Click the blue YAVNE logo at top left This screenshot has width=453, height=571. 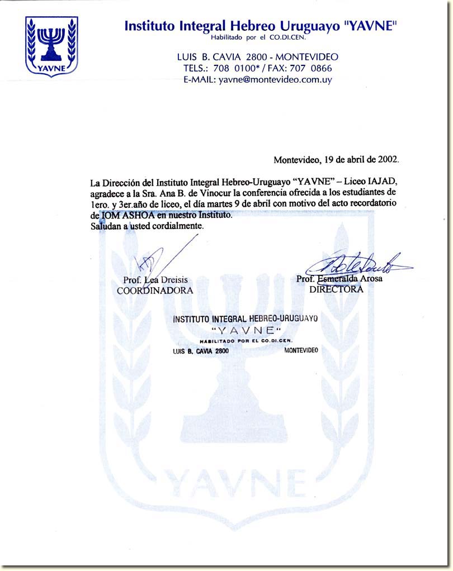pos(51,46)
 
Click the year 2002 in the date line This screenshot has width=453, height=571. pos(385,159)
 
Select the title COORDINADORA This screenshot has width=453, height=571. pos(155,291)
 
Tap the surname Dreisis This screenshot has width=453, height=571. pos(174,279)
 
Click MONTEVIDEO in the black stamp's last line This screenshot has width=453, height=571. pos(301,350)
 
